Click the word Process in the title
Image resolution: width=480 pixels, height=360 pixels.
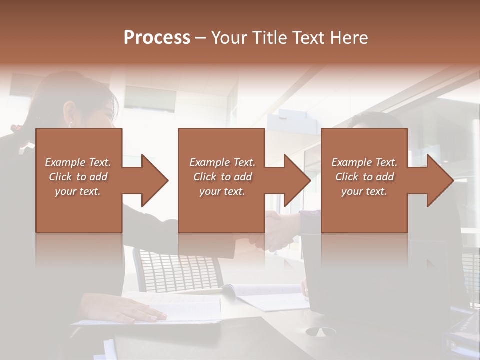click(157, 38)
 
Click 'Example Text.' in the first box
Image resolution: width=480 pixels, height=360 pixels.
click(78, 162)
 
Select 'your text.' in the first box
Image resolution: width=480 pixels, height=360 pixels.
click(78, 191)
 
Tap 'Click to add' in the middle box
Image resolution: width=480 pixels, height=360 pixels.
click(222, 177)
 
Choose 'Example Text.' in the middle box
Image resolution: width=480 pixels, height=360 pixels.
click(222, 162)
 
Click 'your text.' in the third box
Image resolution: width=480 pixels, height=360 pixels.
click(364, 191)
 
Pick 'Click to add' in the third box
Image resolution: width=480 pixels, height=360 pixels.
click(364, 177)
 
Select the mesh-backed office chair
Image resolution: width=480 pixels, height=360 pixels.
click(175, 270)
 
